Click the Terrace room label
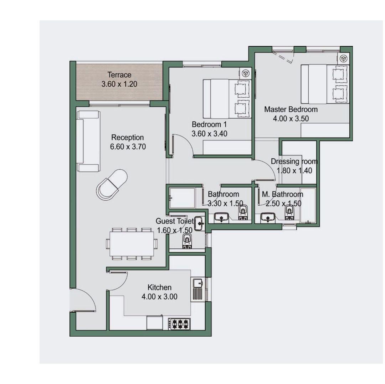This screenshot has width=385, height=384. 119,75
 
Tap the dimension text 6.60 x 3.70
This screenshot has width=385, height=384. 128,147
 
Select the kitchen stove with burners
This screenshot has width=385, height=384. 179,324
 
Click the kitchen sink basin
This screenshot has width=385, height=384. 197,283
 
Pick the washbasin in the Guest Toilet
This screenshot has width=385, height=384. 199,224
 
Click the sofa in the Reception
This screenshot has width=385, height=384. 88,141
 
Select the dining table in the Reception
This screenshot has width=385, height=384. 132,244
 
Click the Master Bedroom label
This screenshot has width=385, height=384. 291,109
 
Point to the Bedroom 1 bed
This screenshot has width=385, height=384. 227,99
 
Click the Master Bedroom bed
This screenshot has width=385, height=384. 325,84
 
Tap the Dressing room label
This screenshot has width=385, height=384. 294,161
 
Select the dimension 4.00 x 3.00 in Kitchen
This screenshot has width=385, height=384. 159,297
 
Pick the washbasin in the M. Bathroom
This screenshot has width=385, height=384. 268,217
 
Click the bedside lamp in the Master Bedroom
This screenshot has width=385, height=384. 343,58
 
